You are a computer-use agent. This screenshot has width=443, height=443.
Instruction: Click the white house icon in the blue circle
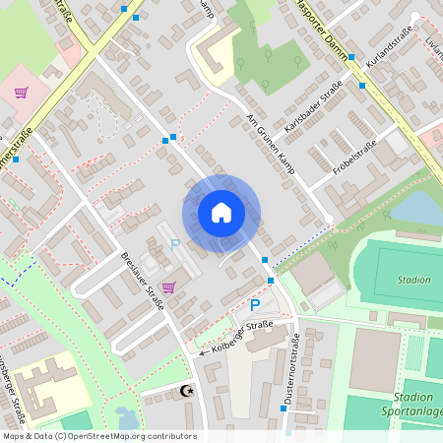[x=221, y=213]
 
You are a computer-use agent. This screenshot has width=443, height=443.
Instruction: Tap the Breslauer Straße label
[x=142, y=283]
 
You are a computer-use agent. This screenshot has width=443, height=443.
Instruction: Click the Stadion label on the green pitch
[x=413, y=280]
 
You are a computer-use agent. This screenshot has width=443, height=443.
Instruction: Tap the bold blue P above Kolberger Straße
[x=255, y=306]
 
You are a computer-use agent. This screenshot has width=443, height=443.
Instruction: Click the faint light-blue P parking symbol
[x=175, y=244]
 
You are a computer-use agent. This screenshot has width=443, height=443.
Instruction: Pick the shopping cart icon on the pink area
[x=21, y=93]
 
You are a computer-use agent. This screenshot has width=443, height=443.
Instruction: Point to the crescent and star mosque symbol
[x=185, y=392]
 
